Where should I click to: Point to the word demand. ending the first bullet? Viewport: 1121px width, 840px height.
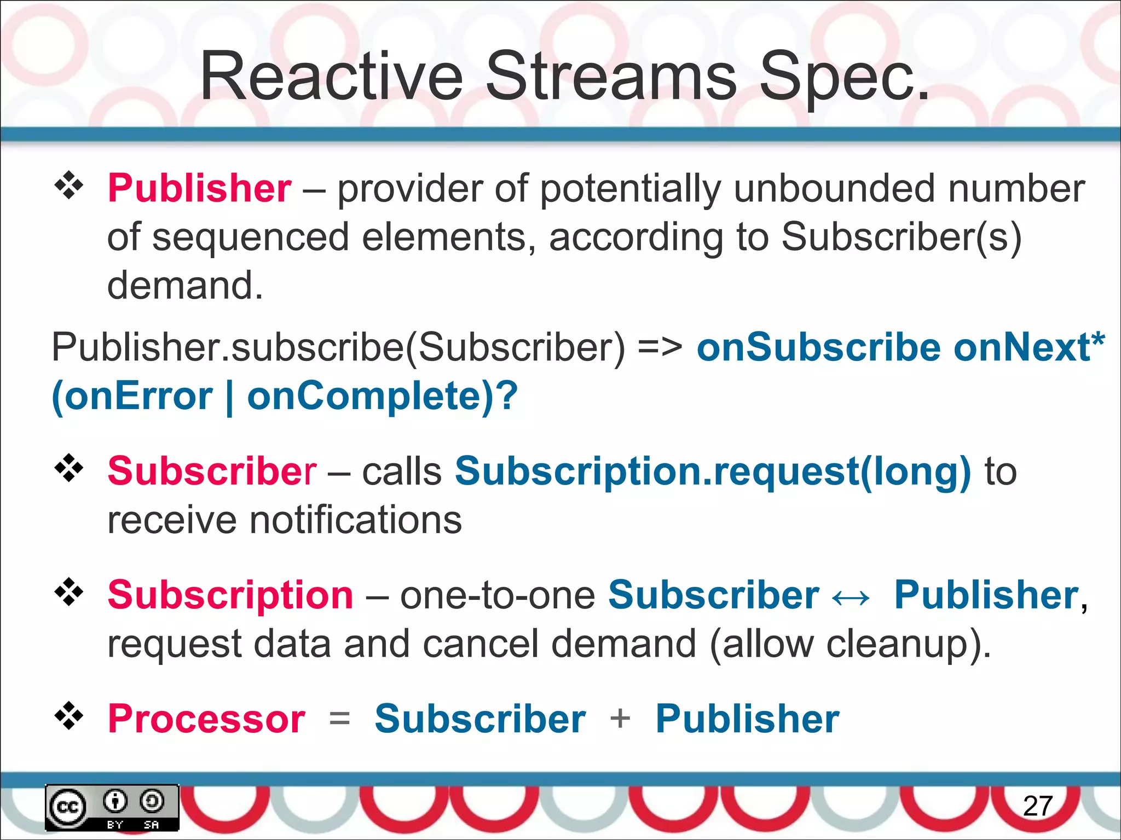point(185,285)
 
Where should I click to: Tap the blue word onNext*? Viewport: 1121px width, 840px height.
point(1029,347)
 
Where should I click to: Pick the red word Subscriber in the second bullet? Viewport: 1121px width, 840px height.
point(212,471)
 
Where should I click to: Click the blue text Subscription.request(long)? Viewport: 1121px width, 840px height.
point(713,471)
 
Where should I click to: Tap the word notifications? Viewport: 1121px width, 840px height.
point(355,520)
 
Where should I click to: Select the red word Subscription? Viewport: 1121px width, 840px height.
point(230,595)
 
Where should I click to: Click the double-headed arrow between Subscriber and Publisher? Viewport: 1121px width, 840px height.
point(850,598)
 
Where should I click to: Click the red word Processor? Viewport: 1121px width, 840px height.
point(206,719)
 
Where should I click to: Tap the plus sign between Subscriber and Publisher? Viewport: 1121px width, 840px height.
point(620,719)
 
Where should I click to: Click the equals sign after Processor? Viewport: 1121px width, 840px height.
point(339,719)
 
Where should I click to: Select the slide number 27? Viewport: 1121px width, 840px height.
point(1038,806)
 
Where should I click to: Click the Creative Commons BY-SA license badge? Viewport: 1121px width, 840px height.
point(112,808)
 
